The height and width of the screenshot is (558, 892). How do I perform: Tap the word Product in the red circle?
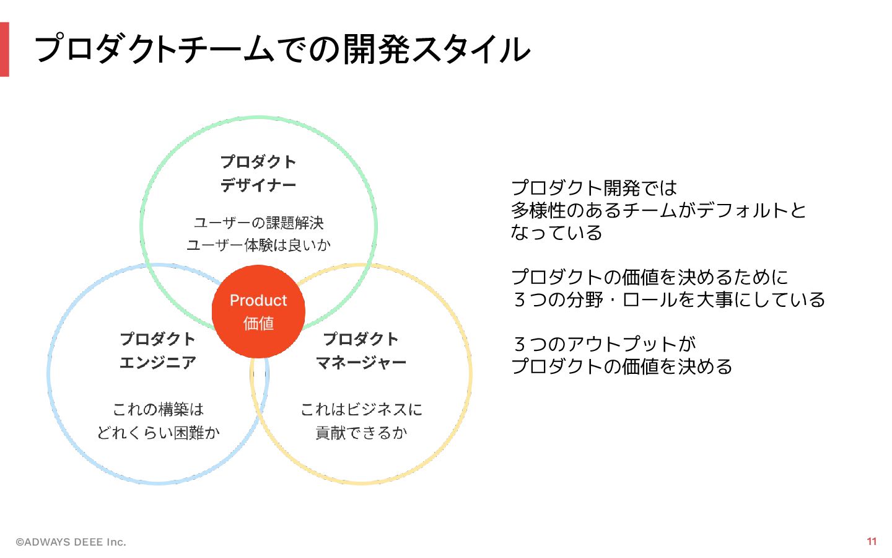pyautogui.click(x=258, y=301)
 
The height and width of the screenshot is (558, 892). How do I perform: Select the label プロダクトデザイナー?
pyautogui.click(x=258, y=174)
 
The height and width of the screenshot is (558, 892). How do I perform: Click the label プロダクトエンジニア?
pyautogui.click(x=157, y=351)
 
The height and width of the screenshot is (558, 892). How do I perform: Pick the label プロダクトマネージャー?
pyautogui.click(x=361, y=351)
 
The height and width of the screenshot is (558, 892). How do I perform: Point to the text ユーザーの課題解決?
pyautogui.click(x=258, y=223)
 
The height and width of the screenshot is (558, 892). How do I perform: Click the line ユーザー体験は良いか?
pyautogui.click(x=258, y=245)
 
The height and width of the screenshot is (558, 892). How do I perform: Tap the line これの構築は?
pyautogui.click(x=158, y=409)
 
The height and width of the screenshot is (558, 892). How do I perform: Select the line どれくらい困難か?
pyautogui.click(x=158, y=432)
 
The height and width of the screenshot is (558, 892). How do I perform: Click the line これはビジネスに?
pyautogui.click(x=361, y=409)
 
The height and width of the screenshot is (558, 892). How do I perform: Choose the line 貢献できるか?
pyautogui.click(x=361, y=432)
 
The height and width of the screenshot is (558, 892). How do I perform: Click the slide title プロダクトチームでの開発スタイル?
pyautogui.click(x=282, y=50)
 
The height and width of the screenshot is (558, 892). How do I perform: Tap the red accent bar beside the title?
pyautogui.click(x=4, y=50)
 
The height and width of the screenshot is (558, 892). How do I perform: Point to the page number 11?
pyautogui.click(x=872, y=541)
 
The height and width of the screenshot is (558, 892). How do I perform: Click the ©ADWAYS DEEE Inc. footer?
pyautogui.click(x=71, y=542)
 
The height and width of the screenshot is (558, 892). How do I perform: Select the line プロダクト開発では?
pyautogui.click(x=594, y=188)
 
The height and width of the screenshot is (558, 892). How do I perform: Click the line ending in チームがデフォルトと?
pyautogui.click(x=658, y=210)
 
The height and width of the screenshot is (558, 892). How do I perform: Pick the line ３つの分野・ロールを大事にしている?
pyautogui.click(x=668, y=299)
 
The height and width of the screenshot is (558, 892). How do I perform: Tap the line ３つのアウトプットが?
pyautogui.click(x=604, y=344)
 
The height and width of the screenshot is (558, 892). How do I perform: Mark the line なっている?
pyautogui.click(x=556, y=232)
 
